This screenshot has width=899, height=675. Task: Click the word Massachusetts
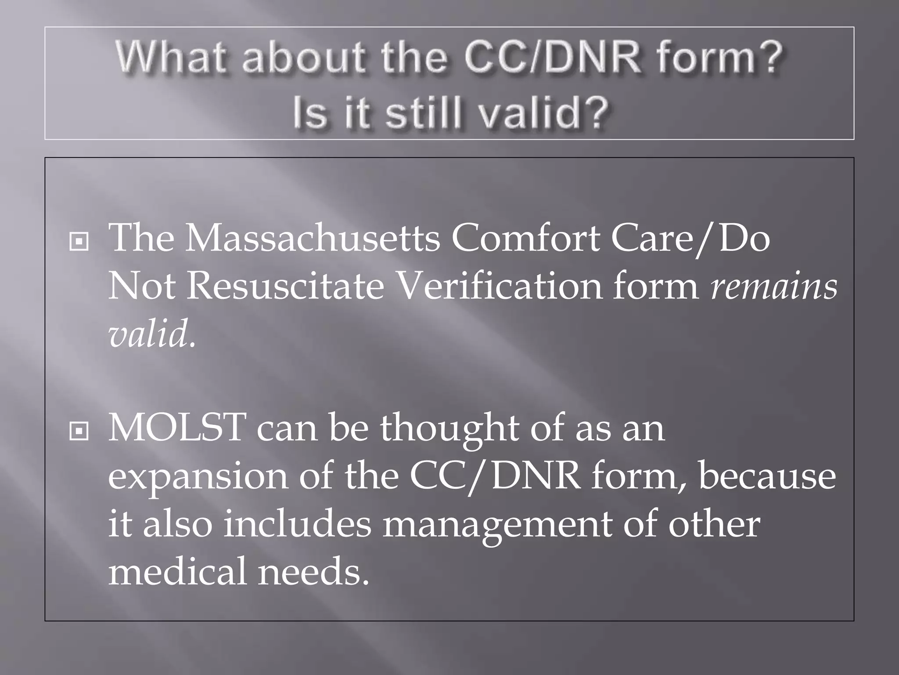pos(312,239)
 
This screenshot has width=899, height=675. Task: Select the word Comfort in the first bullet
pos(525,239)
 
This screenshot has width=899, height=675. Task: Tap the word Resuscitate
pos(285,287)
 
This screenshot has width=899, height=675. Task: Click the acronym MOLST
pos(177,428)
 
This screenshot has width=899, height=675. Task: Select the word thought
pos(450,429)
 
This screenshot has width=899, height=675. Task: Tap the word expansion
pos(198,477)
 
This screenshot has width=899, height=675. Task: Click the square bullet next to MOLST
pos(79,431)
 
